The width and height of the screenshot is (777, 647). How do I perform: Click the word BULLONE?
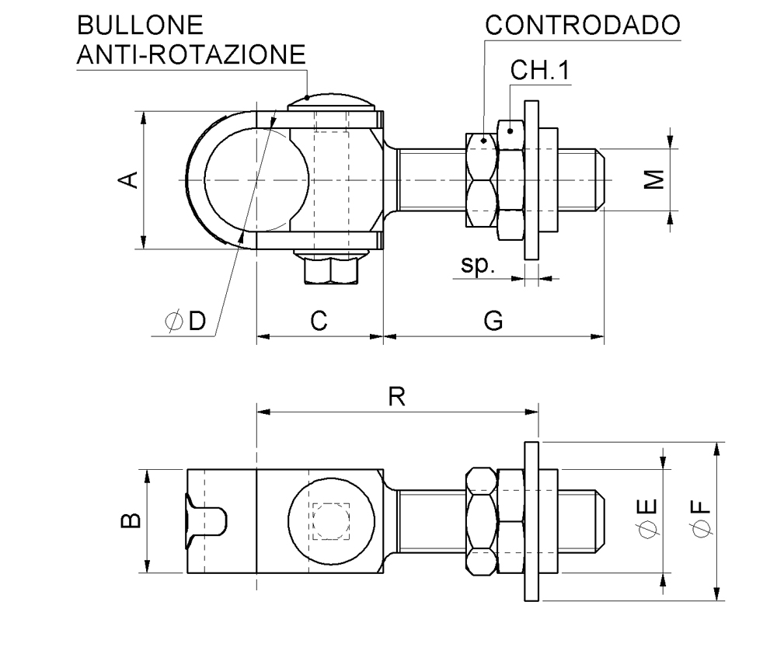[x=140, y=26]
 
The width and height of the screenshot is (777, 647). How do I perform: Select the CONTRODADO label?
[x=582, y=26]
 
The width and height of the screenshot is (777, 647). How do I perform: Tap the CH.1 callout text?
[x=541, y=71]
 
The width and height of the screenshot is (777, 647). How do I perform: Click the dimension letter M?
[x=657, y=179]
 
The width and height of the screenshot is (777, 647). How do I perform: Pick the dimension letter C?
[x=319, y=320]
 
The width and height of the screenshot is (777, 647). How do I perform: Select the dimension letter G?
[x=493, y=320]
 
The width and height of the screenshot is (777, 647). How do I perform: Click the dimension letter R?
[x=397, y=398]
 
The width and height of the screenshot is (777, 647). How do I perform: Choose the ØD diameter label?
[x=186, y=320]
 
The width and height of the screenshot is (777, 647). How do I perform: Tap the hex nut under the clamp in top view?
[x=332, y=270]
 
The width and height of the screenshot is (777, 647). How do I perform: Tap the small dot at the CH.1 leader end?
[x=510, y=130]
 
